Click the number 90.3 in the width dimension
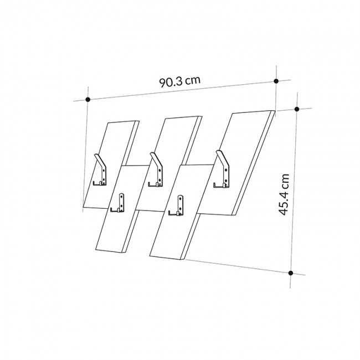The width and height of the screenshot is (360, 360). click(171, 83)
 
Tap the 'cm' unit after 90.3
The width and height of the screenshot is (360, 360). click(193, 80)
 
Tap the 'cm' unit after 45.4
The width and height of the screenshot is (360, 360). click(284, 181)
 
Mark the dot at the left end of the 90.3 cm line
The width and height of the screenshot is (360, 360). click(88, 100)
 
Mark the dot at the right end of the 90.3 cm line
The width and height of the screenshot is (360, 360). click(276, 81)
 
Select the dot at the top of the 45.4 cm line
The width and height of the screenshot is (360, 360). click(297, 109)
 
